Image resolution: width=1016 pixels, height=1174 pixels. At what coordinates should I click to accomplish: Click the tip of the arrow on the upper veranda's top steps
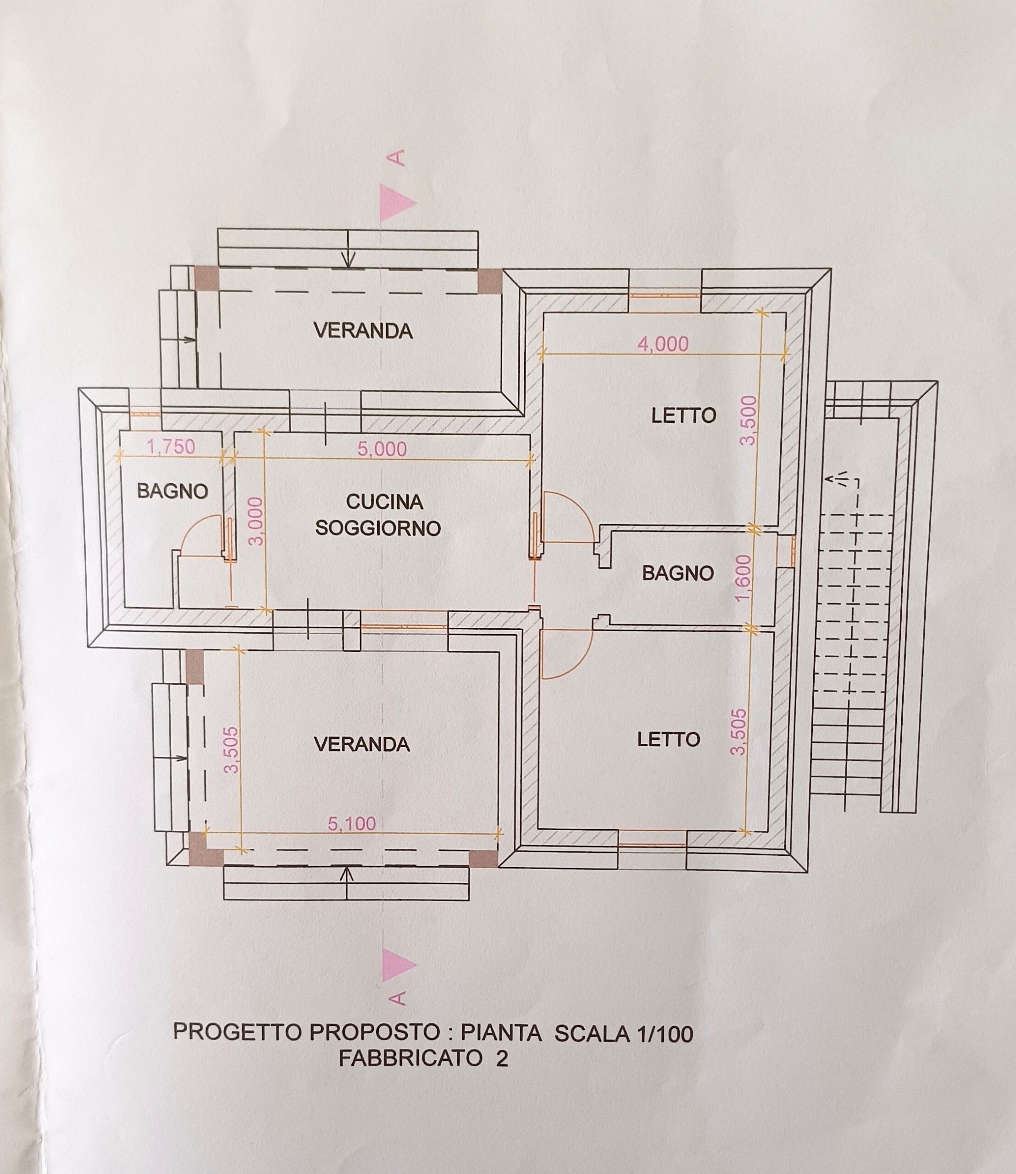(348, 267)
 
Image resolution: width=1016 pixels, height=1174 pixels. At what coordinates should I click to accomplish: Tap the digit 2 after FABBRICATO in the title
(502, 1059)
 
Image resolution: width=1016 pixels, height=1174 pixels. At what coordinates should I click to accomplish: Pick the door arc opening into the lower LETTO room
(578, 663)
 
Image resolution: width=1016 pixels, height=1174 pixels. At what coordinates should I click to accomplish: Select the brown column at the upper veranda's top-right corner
(490, 280)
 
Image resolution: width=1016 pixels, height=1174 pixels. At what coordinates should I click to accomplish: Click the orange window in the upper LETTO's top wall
(665, 295)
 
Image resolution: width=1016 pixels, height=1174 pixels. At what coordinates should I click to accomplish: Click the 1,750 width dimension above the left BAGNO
(171, 447)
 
